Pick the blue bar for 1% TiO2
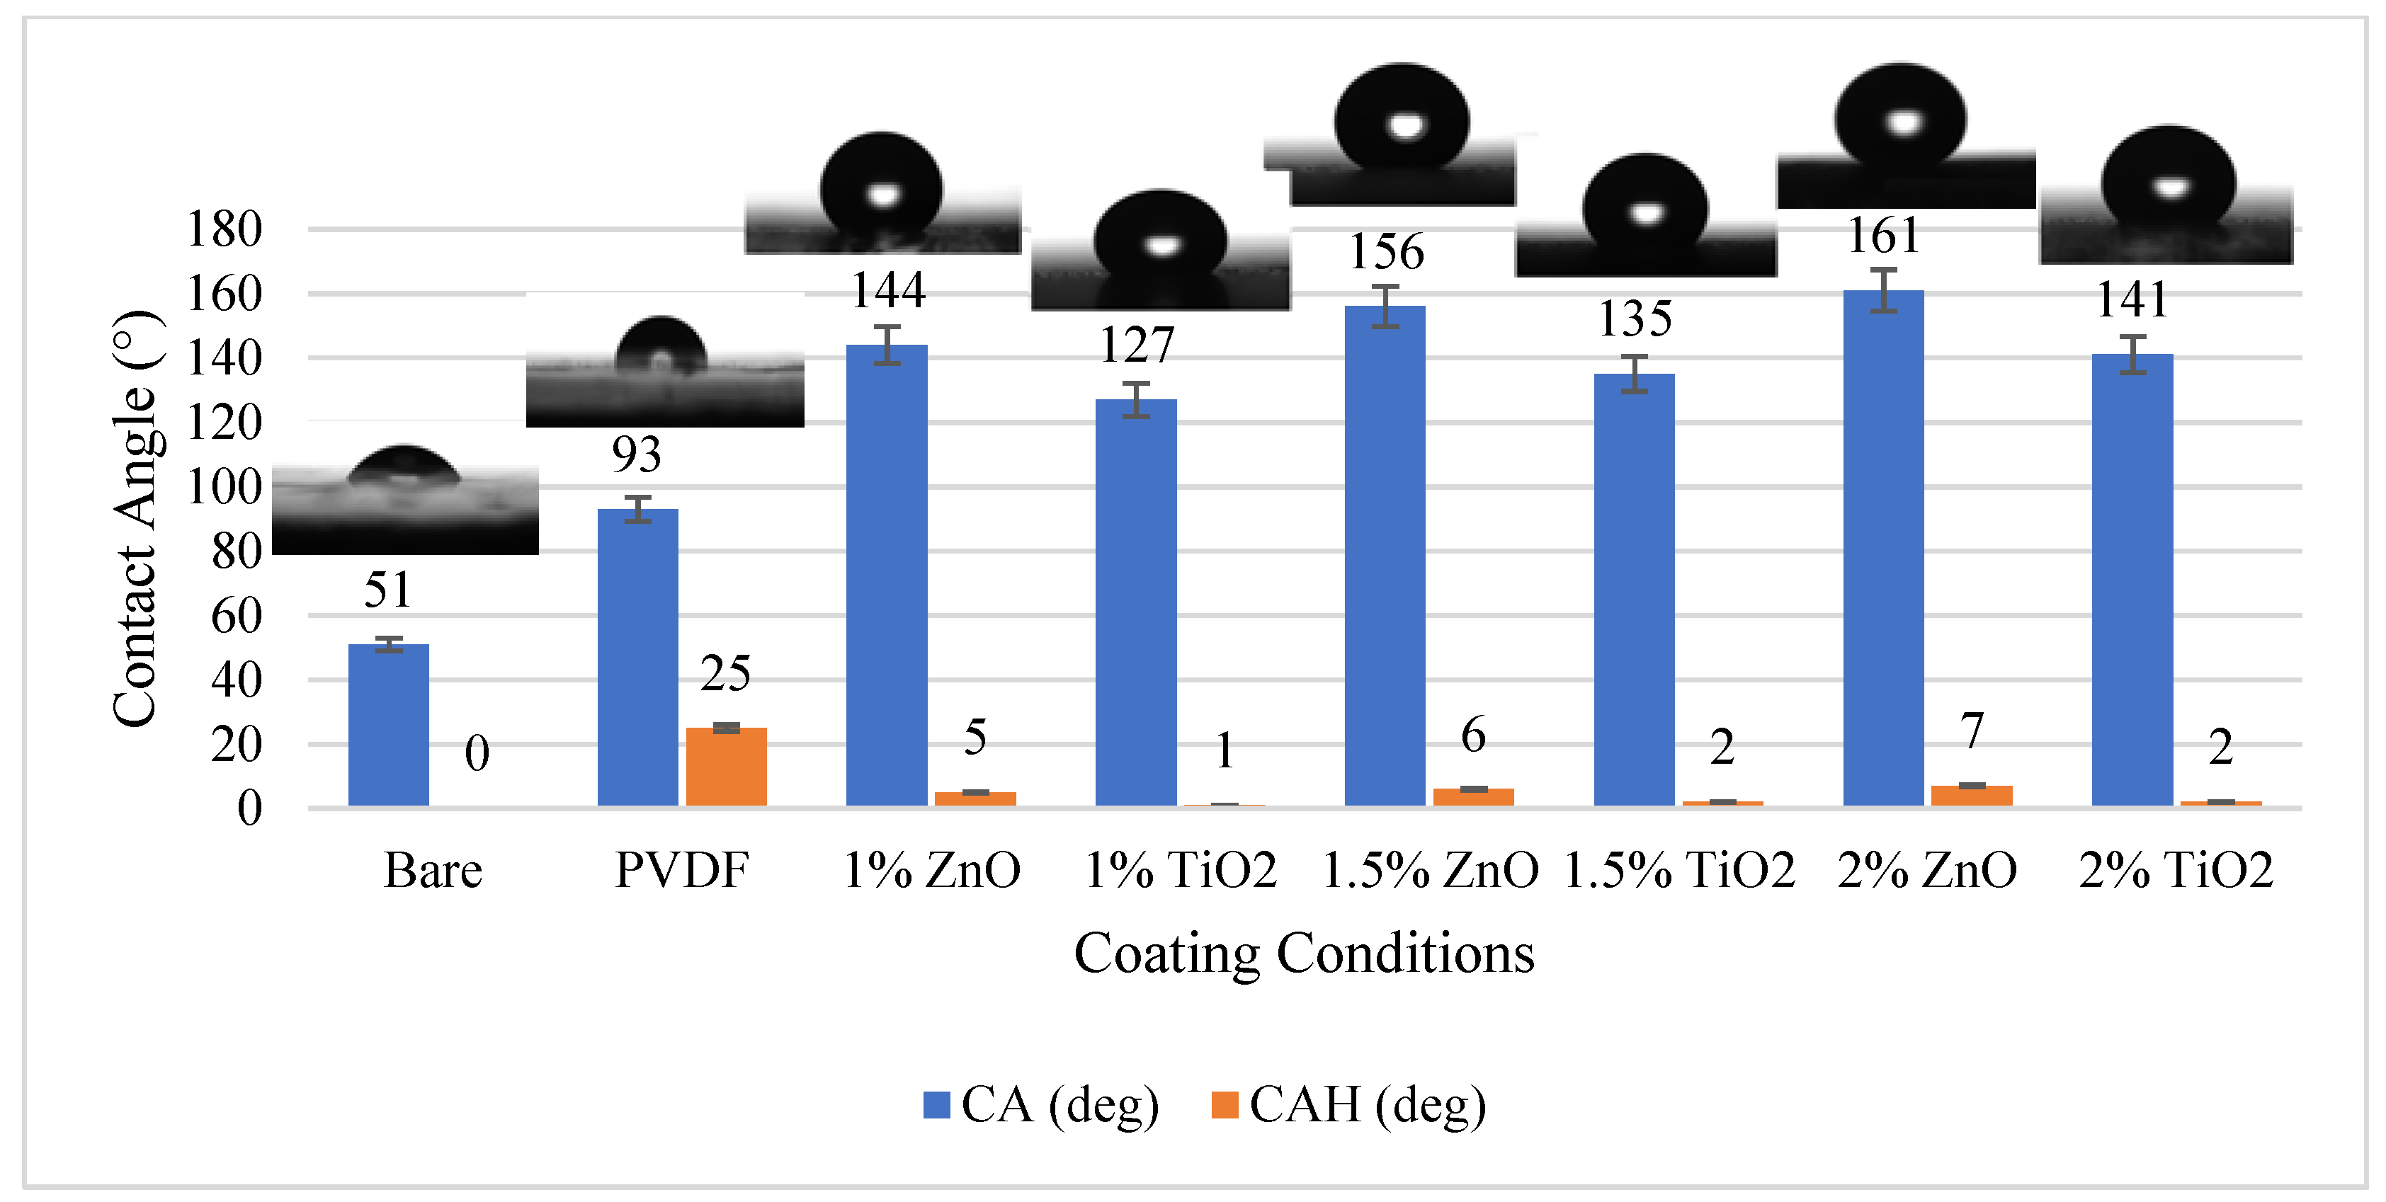[1135, 602]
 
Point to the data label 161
[1883, 235]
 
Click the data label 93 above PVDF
[636, 454]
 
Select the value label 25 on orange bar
[725, 673]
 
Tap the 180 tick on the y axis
[224, 229]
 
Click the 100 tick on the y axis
[224, 487]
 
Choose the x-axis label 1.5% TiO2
[1679, 871]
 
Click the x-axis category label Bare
[433, 871]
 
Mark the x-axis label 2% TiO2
[2176, 871]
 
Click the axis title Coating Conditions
[1303, 953]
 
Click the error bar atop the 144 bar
[887, 345]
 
